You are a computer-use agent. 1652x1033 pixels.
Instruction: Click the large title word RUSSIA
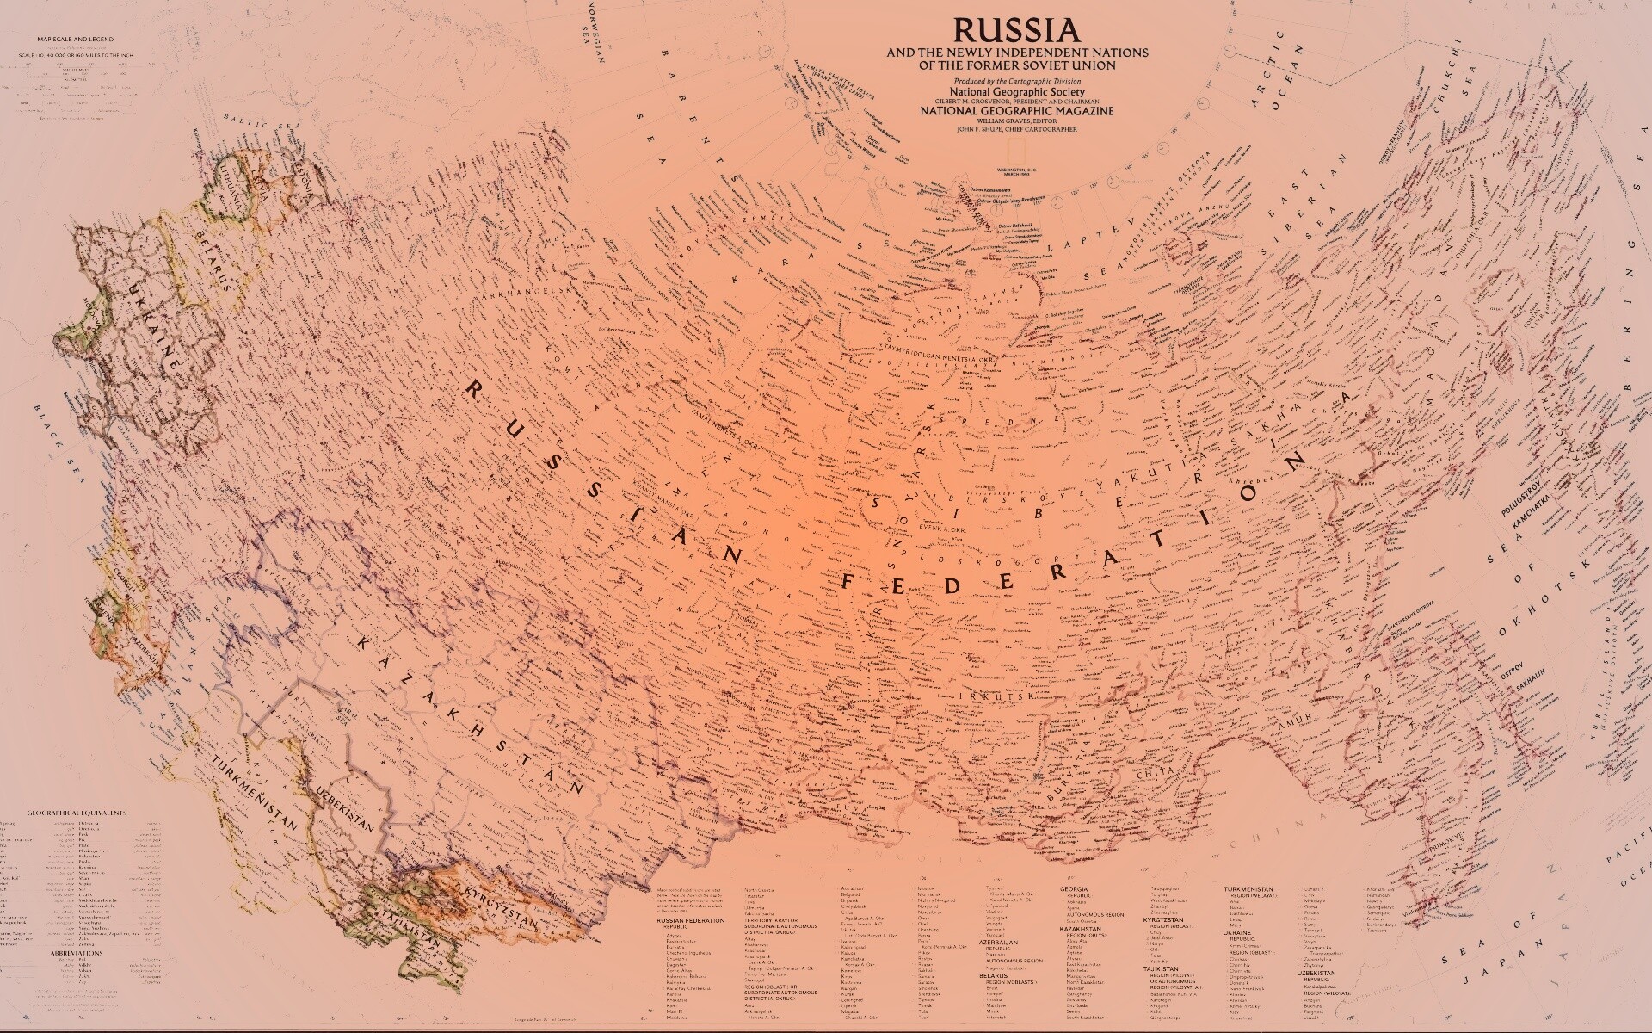pos(1016,30)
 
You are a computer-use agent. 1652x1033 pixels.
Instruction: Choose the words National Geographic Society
pos(1016,90)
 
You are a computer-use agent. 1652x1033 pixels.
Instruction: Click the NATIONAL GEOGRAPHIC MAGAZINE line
pos(1016,111)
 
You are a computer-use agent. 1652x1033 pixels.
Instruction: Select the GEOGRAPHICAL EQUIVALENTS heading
pos(77,813)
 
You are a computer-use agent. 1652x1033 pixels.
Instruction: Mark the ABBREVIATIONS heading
pos(77,954)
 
